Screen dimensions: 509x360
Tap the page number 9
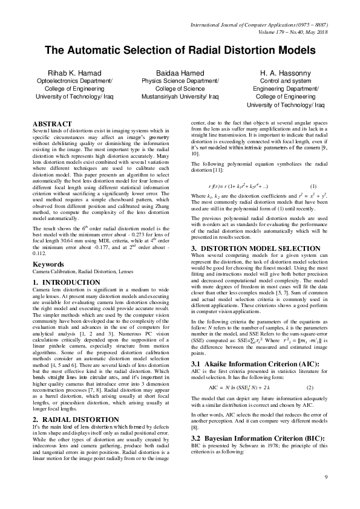[x=326, y=495]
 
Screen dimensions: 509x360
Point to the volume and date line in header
[x=292, y=31]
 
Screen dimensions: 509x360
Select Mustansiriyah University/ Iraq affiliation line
[x=180, y=96]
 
